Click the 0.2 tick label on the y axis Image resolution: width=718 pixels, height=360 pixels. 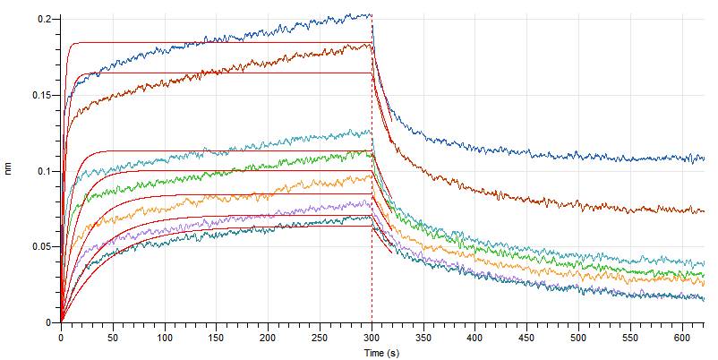click(x=44, y=19)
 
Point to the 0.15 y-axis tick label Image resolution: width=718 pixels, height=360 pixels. click(x=41, y=95)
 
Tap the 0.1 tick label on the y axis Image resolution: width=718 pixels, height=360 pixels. click(x=44, y=170)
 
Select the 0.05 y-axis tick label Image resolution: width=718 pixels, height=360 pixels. click(x=41, y=246)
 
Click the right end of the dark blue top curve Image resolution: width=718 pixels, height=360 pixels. click(x=705, y=159)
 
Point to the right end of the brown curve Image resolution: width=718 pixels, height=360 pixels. click(x=705, y=211)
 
